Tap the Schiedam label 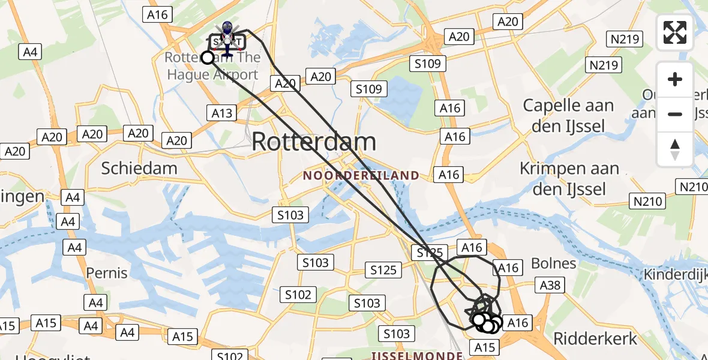[x=139, y=168]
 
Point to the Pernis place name [x=107, y=273]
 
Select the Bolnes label [x=553, y=263]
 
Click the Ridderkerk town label [x=595, y=338]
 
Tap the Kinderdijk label [x=676, y=275]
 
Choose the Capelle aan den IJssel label [x=568, y=116]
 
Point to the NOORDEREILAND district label [x=361, y=176]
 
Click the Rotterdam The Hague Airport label [x=212, y=67]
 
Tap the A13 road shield [x=222, y=112]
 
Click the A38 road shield [x=550, y=285]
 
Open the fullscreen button [x=675, y=32]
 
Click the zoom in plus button [x=675, y=79]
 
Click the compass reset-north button [x=675, y=149]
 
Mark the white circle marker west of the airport [x=208, y=58]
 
